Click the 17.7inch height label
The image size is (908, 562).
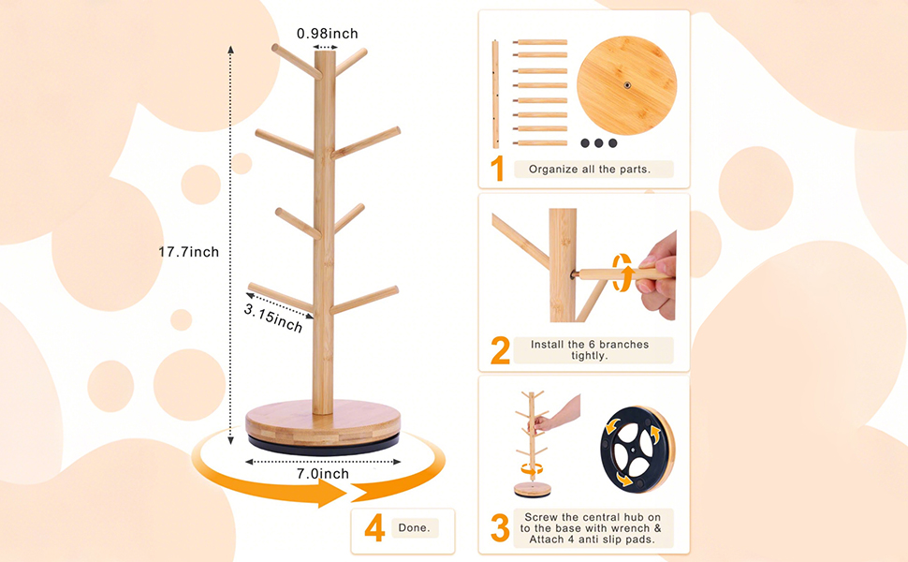coord(188,252)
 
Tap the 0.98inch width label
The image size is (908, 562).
coord(327,34)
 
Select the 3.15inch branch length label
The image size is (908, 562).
coord(273,317)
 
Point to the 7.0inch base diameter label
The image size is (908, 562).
coord(324,474)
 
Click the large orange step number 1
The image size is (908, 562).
coord(498,169)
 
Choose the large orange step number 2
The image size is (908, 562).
coord(500,351)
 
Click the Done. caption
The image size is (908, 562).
coord(414,528)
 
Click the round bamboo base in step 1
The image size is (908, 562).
coord(625,86)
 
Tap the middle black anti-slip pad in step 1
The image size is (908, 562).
coord(599,143)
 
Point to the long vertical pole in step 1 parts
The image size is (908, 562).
coord(495,94)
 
